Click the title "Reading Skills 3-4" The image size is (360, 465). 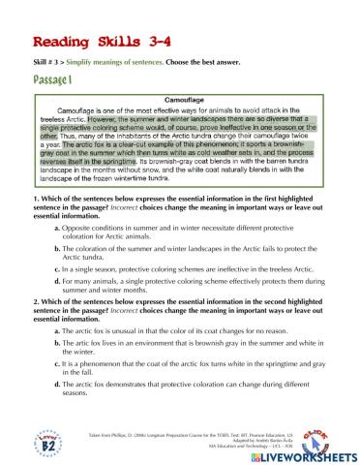pos(88,45)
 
